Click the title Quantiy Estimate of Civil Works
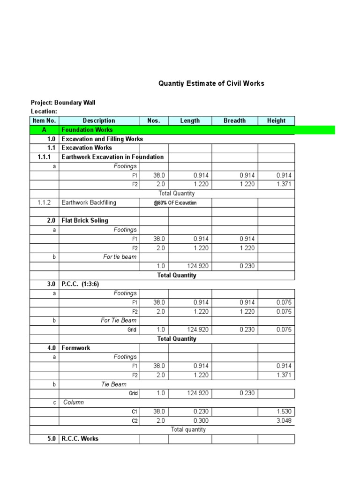(211, 83)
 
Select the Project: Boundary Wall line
(63, 102)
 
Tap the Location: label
(44, 111)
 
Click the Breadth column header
(234, 120)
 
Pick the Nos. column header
(154, 120)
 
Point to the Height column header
(276, 120)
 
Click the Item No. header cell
(44, 120)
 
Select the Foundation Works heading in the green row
(87, 129)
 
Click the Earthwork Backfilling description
(89, 202)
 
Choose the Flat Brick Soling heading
(85, 220)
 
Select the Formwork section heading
(76, 348)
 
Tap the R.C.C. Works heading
(80, 439)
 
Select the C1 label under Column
(134, 412)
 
